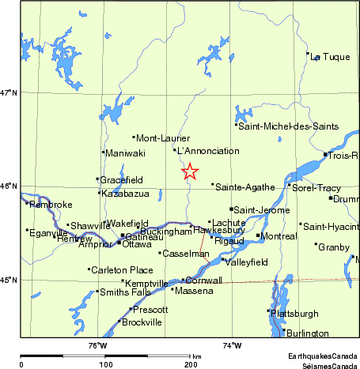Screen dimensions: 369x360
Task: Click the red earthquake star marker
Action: click(189, 171)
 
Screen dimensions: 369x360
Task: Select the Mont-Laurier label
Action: click(163, 138)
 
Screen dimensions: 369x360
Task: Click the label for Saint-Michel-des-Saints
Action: click(289, 126)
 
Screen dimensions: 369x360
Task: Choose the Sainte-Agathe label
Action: click(245, 187)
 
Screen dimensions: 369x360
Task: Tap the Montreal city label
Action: click(279, 237)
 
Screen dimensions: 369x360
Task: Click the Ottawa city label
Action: click(136, 245)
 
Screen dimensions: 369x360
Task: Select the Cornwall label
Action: click(203, 281)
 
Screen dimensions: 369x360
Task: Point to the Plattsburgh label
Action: click(295, 314)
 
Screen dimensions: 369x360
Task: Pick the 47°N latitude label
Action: click(9, 93)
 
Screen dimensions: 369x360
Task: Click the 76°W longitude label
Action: click(98, 345)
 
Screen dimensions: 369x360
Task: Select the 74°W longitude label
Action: click(232, 345)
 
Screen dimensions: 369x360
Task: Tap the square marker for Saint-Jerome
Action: click(231, 209)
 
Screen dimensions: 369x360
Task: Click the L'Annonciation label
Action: click(208, 150)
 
